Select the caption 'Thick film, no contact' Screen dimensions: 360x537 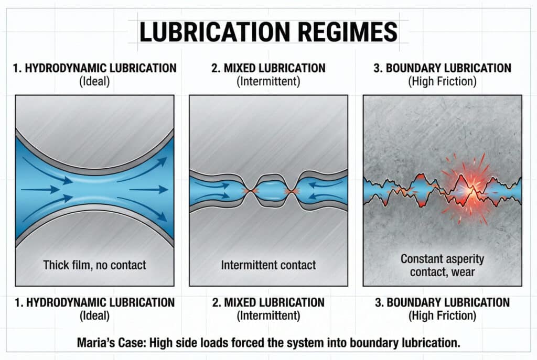[x=94, y=265]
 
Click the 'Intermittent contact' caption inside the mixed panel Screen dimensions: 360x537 [x=268, y=265]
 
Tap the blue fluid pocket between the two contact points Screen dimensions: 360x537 [x=268, y=191]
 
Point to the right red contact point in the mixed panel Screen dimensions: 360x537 [x=289, y=191]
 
